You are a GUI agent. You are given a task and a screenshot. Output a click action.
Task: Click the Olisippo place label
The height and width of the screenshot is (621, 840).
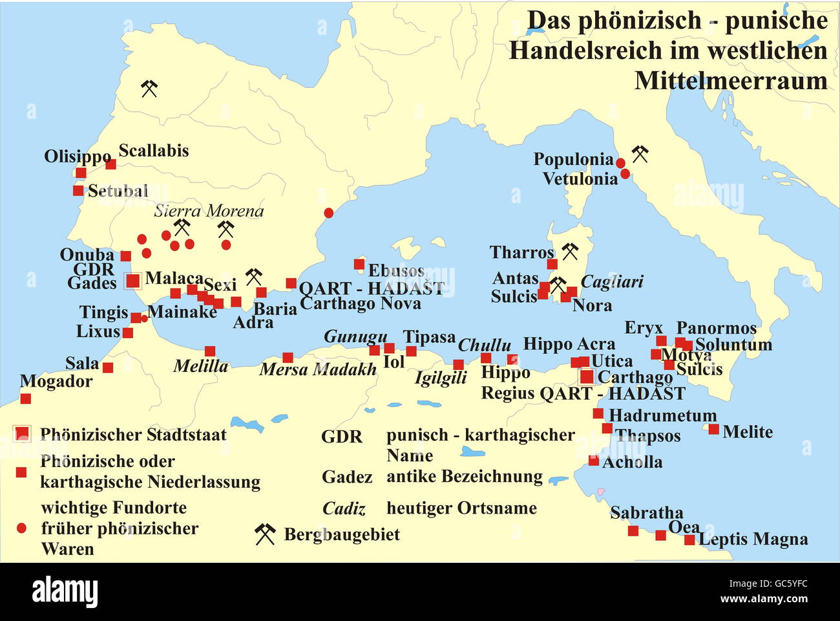[x=78, y=157]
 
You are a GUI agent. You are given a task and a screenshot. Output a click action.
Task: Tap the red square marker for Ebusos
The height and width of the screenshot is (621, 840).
[x=359, y=264]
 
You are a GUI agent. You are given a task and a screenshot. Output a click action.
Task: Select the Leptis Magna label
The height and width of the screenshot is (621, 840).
[x=753, y=539]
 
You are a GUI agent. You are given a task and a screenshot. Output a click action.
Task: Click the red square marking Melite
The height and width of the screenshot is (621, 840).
[x=713, y=429]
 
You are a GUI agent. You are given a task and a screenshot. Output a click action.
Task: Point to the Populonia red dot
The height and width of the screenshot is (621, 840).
[x=620, y=163]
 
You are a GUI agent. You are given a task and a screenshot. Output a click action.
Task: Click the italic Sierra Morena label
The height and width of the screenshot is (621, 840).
[x=208, y=211]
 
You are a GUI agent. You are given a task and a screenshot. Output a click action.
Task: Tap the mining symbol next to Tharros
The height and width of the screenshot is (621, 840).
[x=569, y=251]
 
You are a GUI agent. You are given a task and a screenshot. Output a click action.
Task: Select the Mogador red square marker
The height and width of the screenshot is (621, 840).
[x=25, y=398]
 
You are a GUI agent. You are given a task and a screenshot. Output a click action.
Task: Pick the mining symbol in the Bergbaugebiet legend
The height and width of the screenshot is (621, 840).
[x=264, y=534]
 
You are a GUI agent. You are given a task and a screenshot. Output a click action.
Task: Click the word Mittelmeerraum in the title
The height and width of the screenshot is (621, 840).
[x=731, y=81]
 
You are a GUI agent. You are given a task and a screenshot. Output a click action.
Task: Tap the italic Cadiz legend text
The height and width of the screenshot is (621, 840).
[x=344, y=509]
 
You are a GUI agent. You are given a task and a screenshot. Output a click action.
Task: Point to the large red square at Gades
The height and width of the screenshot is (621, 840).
[x=132, y=281]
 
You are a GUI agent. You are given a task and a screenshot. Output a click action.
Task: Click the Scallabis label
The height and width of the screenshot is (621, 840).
[x=154, y=151]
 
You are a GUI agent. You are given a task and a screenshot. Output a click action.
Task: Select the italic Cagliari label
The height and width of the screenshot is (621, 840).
[x=612, y=282]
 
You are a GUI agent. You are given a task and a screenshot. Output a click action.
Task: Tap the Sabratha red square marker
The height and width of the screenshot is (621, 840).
[x=633, y=531]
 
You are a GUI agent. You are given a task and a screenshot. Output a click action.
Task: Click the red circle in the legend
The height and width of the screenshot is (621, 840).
[x=21, y=528]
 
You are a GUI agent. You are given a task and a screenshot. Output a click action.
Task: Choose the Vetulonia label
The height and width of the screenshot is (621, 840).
[x=580, y=179]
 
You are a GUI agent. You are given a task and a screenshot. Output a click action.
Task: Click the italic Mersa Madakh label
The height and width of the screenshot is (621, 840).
[x=317, y=369]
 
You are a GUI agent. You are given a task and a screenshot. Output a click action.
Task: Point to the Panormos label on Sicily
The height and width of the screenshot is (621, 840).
[x=716, y=328]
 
